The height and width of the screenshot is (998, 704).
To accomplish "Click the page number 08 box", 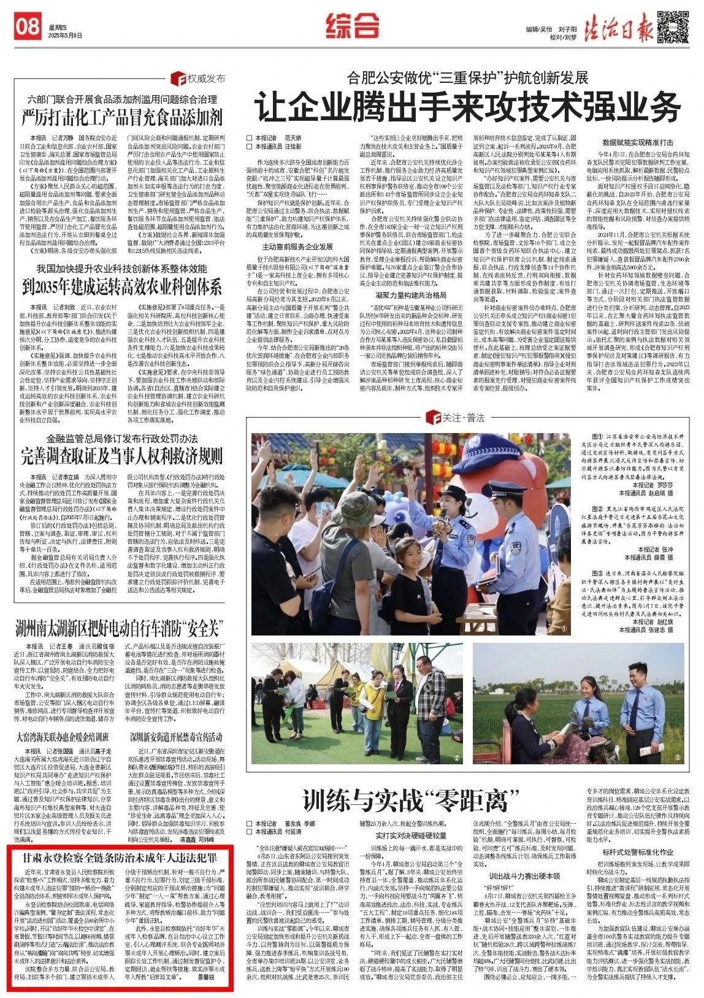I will [28, 26].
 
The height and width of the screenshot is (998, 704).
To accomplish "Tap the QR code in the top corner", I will [673, 26].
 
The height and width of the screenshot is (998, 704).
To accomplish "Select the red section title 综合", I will [352, 26].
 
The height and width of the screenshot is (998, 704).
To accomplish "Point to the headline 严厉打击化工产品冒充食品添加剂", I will [122, 116].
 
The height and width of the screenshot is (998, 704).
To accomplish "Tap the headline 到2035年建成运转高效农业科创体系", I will [122, 286].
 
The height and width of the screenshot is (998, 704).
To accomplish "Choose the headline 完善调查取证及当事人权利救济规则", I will [122, 456].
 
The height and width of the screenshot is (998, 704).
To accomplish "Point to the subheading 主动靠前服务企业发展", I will [297, 247].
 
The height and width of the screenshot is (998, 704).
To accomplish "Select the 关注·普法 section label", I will [457, 418].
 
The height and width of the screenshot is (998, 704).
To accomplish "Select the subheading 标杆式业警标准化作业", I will [638, 852].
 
